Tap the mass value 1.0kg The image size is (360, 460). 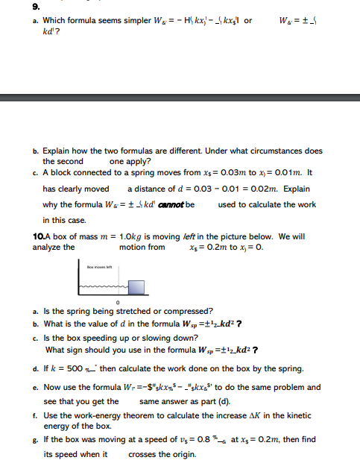[x=127, y=236]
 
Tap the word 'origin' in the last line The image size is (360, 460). [x=178, y=454]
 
